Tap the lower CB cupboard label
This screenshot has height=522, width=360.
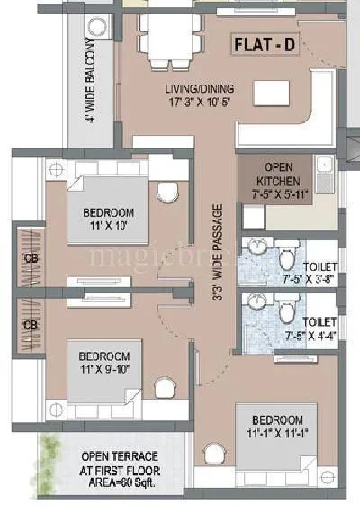point(30,324)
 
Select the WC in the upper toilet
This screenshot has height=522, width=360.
point(286,258)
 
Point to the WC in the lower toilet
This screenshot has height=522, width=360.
point(286,313)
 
